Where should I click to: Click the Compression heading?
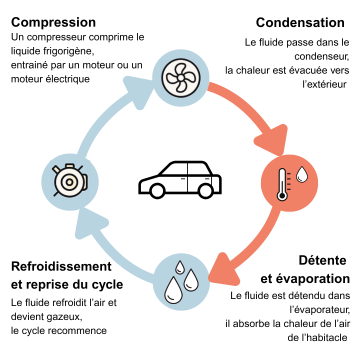(x=53, y=23)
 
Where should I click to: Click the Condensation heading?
(x=300, y=23)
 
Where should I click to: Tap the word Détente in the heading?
(x=322, y=260)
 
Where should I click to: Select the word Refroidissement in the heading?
(x=61, y=267)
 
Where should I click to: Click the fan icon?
(x=181, y=78)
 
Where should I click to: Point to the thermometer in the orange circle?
(x=282, y=184)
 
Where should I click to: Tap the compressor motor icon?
(x=70, y=181)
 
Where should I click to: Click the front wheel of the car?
(x=157, y=190)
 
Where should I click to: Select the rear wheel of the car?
(x=206, y=190)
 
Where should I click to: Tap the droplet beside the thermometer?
(x=302, y=174)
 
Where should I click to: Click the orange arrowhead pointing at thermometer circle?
(x=273, y=140)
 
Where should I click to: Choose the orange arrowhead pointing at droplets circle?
(x=223, y=269)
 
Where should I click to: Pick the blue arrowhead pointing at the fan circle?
(x=139, y=91)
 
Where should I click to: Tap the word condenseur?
(x=322, y=57)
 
